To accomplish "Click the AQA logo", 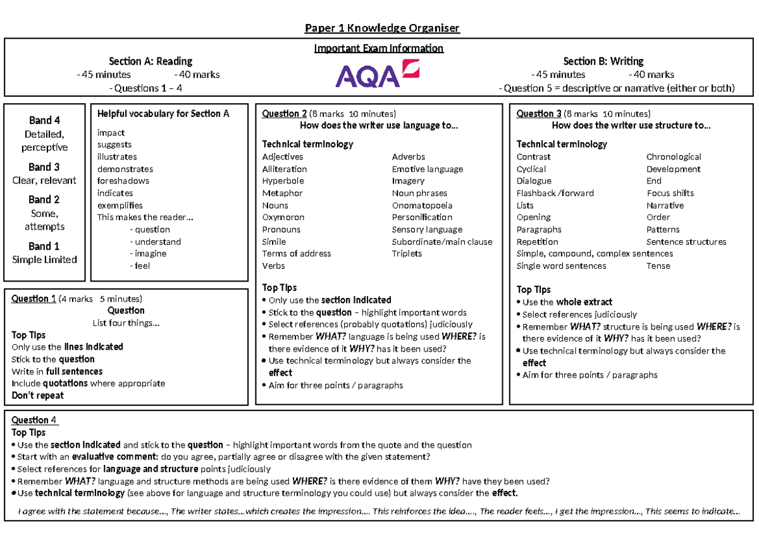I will (377, 75).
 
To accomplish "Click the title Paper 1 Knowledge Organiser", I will (382, 28).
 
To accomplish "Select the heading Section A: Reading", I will (151, 61).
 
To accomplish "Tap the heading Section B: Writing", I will (603, 61).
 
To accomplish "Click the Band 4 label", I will (44, 120).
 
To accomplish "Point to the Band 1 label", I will (44, 246).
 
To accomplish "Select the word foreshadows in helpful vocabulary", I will (123, 181).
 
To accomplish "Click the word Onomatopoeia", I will (422, 206).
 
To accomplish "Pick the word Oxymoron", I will (283, 218).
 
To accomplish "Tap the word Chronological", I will (674, 157).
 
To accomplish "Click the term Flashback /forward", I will (555, 194).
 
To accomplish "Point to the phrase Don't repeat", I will (38, 395).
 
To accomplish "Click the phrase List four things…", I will (126, 323).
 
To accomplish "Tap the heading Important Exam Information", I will (379, 49).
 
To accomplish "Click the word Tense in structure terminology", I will (658, 266).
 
